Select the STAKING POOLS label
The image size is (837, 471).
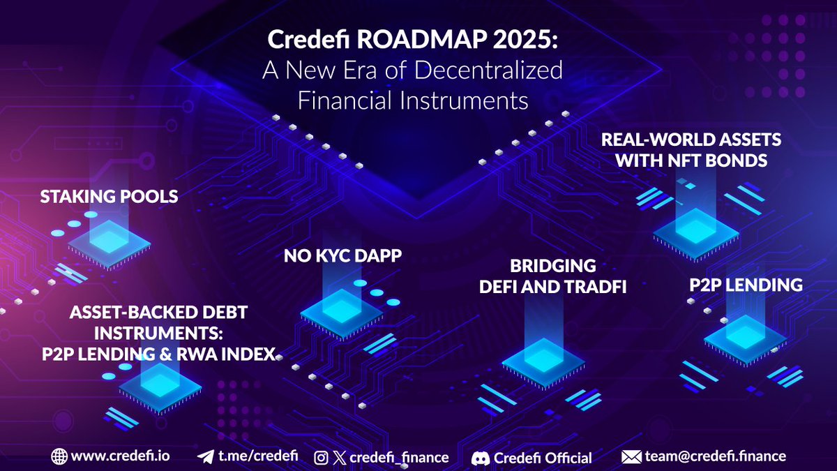click(x=110, y=197)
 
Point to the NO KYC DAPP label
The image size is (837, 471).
click(x=343, y=256)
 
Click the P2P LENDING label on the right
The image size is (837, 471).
click(x=745, y=285)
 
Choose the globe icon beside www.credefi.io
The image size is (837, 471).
click(x=59, y=457)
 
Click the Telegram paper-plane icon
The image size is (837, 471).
click(x=206, y=457)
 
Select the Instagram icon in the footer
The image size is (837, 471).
click(x=321, y=458)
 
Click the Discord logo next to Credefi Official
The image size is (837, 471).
click(x=480, y=458)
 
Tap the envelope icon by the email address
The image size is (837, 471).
click(x=631, y=457)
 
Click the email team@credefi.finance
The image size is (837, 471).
click(x=716, y=456)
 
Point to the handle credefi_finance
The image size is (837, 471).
click(x=399, y=458)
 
